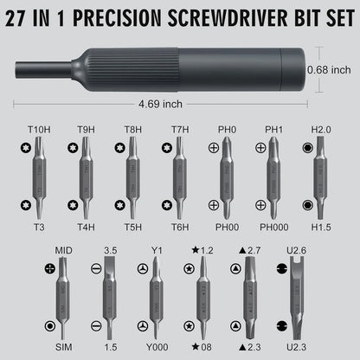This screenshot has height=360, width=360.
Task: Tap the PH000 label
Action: pyautogui.click(x=275, y=228)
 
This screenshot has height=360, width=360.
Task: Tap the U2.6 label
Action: pyautogui.click(x=297, y=251)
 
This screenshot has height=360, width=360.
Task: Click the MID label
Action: pyautogui.click(x=63, y=250)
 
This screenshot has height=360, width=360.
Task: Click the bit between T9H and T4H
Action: pyautogui.click(x=86, y=177)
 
